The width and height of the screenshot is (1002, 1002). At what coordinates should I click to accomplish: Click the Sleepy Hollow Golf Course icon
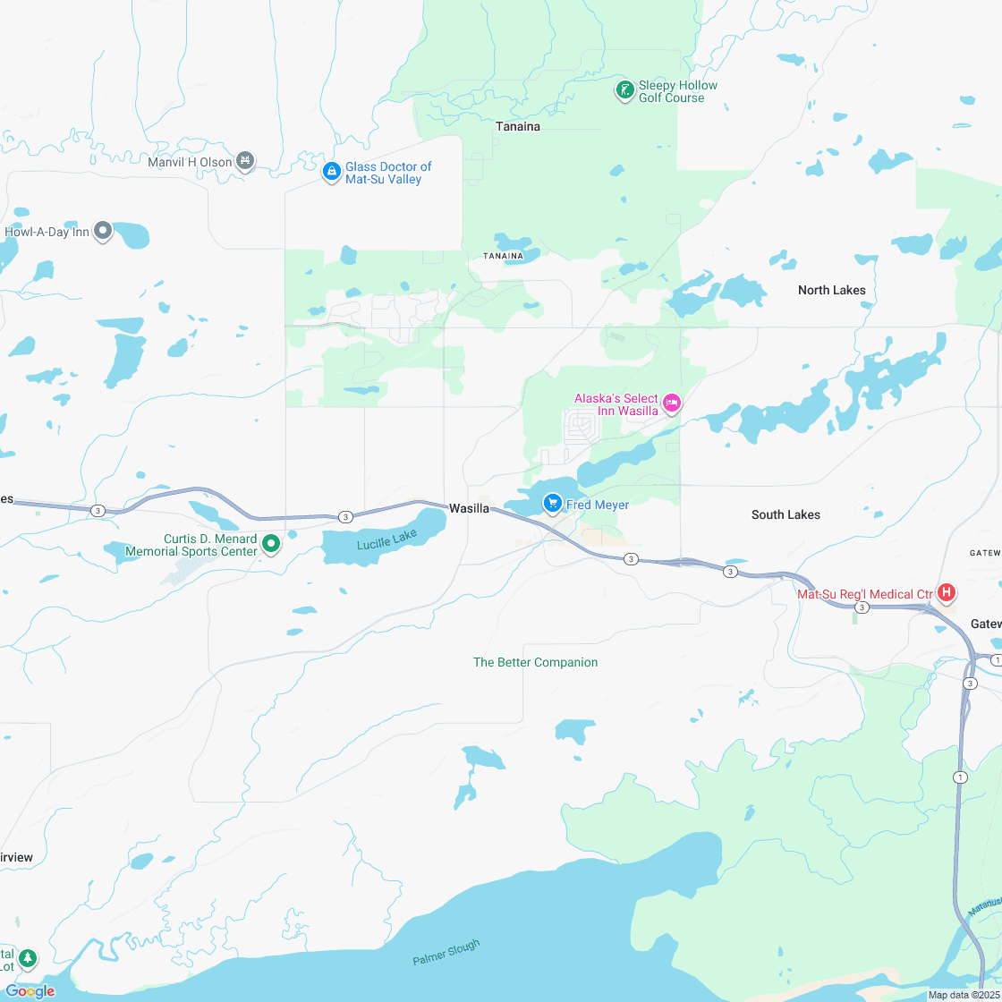(x=625, y=90)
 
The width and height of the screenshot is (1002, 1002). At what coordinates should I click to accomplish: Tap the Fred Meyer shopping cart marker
(x=553, y=505)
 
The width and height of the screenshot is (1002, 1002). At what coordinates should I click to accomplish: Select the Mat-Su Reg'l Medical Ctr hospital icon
(x=946, y=593)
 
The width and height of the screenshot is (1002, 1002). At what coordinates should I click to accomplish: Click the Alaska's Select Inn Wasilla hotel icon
(x=672, y=404)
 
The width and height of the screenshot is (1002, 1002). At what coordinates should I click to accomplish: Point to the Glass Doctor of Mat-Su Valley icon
(x=331, y=171)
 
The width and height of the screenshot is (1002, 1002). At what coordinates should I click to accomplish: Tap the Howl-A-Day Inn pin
(x=103, y=232)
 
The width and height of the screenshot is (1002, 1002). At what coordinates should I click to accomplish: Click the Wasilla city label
(x=469, y=508)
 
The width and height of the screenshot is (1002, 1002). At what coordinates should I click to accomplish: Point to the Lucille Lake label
(x=386, y=539)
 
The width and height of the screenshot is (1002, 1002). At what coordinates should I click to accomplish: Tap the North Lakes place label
(x=831, y=290)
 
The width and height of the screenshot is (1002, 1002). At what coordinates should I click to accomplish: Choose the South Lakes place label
(x=785, y=514)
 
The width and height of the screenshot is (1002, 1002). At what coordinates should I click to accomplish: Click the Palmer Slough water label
(x=446, y=952)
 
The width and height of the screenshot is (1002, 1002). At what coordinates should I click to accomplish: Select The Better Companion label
(x=535, y=662)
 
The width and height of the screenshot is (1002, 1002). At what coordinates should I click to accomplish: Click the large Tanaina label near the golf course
(x=518, y=126)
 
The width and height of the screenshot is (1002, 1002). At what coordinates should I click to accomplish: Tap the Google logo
(x=30, y=990)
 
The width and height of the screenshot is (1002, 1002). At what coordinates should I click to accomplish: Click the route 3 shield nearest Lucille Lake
(x=345, y=517)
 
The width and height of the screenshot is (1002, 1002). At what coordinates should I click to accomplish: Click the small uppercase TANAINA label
(x=503, y=256)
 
